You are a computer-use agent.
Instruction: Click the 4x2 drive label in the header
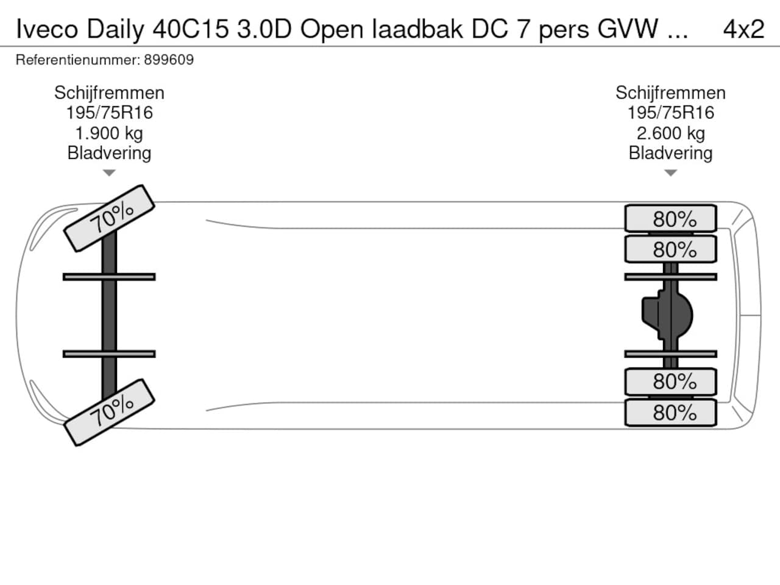coord(743,29)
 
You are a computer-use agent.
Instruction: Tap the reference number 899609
coord(169,60)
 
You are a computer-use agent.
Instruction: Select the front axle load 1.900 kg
coord(109,133)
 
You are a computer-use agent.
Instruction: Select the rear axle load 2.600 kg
coord(670,133)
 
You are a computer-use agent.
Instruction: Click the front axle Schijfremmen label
coord(109,93)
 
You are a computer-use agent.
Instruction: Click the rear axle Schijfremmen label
coord(670,93)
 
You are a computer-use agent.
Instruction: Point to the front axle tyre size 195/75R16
coord(109,113)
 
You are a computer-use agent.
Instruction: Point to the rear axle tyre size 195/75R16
coord(670,113)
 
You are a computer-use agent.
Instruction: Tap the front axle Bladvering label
coord(109,153)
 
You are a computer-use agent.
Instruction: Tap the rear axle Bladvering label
coord(670,153)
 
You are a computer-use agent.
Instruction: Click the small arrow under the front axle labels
coord(109,173)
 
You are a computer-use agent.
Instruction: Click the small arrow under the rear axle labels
coord(670,173)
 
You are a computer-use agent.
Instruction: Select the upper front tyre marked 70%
coord(110,218)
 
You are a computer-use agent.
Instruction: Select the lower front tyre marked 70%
coord(110,413)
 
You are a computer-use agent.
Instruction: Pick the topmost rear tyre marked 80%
coord(670,219)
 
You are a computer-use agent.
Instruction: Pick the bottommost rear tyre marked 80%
coord(670,413)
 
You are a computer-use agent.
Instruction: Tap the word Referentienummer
coord(77,60)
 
